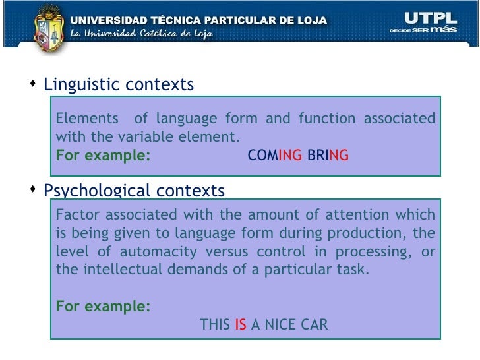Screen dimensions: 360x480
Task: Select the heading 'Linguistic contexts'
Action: pyautogui.click(x=119, y=85)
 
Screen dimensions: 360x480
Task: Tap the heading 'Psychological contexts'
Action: pyautogui.click(x=134, y=191)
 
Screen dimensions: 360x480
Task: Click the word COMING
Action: pyautogui.click(x=275, y=156)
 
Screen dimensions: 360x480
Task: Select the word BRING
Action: pyautogui.click(x=328, y=156)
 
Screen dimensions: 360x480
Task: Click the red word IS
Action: pyautogui.click(x=241, y=324)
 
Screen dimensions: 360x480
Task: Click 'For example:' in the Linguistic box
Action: pyautogui.click(x=103, y=156)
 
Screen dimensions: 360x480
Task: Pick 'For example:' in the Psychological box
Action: pyautogui.click(x=103, y=307)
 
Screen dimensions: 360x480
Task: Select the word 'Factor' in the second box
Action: pyautogui.click(x=75, y=215)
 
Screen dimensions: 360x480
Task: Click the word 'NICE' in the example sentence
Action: pyautogui.click(x=281, y=324)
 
